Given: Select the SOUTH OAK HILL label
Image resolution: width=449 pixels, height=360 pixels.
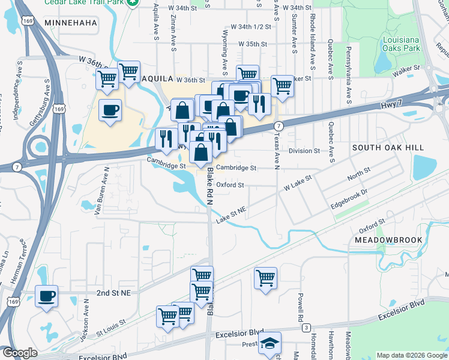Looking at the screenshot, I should pos(388,148).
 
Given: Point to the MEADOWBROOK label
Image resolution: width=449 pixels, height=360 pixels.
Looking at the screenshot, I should pos(389,240).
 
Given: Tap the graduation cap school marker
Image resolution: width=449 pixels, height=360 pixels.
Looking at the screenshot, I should pos(270,344).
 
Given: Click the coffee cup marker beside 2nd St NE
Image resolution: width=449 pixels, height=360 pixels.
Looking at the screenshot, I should pos(46,296).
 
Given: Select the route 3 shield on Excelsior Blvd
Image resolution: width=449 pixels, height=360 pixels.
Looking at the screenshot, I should pos(306,327).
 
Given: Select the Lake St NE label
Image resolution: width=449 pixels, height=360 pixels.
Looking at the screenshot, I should pos(232,215).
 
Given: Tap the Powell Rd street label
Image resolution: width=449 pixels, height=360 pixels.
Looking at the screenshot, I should pos(298,306).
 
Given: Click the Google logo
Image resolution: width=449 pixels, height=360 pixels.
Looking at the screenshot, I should pos(20,353).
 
